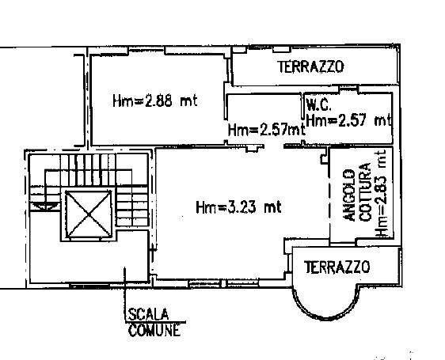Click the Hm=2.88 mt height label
pos(154,100)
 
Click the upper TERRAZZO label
pos(310,68)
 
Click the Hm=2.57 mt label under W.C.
pos(348,120)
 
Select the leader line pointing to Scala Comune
pos(124,293)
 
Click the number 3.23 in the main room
pos(246,208)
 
